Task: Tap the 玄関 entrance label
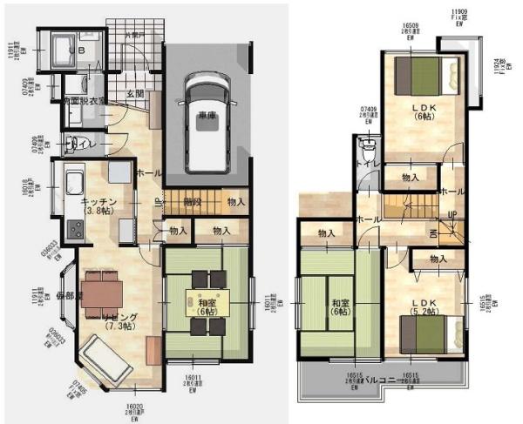(134, 93)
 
